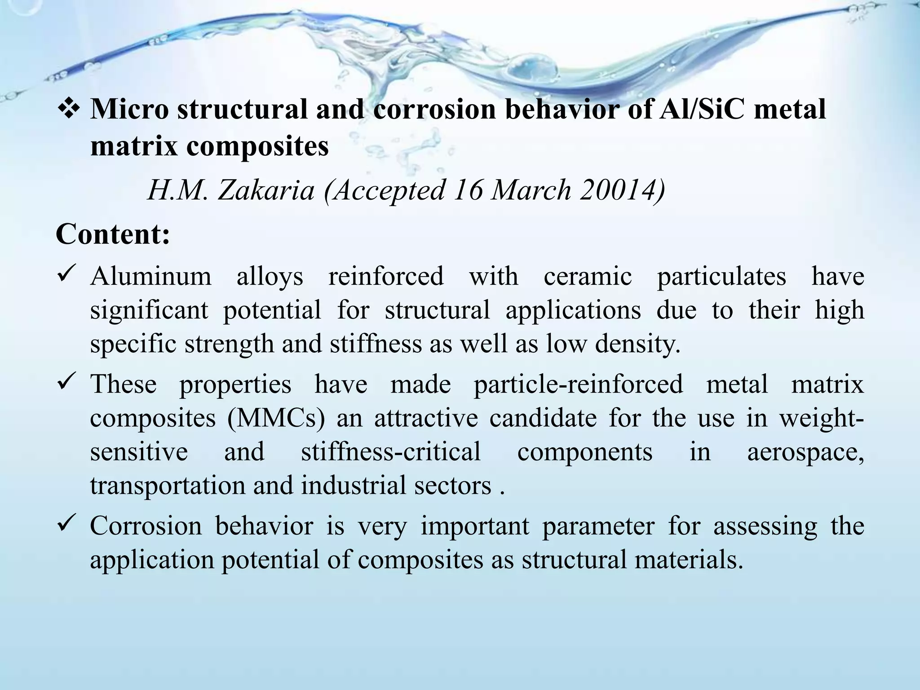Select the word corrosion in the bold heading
pos(434,109)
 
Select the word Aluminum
pos(150,276)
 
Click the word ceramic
pos(588,276)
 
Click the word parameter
pos(598,526)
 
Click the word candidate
pos(543,418)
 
